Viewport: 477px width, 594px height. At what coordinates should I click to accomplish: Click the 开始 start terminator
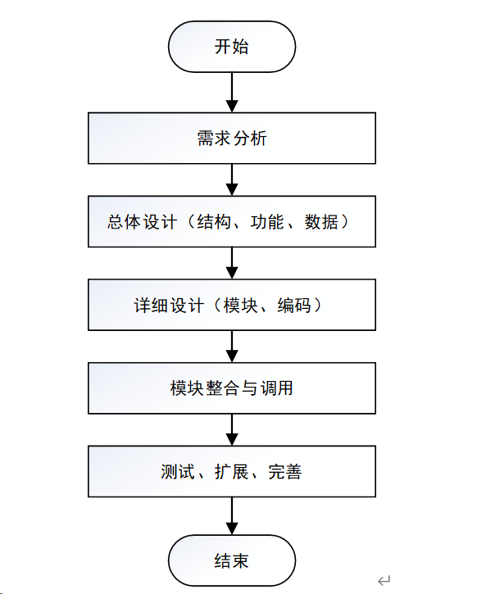click(x=232, y=47)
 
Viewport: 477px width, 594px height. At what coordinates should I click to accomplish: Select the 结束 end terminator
click(x=232, y=560)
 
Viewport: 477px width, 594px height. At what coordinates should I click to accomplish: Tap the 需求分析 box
click(x=232, y=138)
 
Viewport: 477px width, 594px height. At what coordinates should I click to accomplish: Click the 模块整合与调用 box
click(x=232, y=388)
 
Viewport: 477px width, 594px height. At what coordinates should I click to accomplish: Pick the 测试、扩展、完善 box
click(x=232, y=472)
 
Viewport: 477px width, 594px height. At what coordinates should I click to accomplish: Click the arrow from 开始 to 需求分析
click(x=232, y=92)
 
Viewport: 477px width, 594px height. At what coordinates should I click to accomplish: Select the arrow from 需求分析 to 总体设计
click(x=232, y=180)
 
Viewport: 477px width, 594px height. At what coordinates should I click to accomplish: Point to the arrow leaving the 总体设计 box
click(x=232, y=263)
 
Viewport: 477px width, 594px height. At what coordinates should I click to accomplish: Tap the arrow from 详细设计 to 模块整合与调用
click(x=232, y=347)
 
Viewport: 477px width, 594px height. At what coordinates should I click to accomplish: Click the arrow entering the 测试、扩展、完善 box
click(x=232, y=430)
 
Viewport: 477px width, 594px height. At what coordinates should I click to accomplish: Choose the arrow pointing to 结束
click(x=232, y=516)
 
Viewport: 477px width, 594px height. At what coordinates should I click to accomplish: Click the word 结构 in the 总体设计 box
click(x=214, y=222)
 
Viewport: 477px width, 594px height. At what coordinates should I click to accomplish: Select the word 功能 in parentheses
click(x=267, y=222)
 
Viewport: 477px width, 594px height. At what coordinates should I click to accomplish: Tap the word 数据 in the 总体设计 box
click(x=321, y=222)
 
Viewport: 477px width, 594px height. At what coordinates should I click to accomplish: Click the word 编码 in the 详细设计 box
click(x=294, y=306)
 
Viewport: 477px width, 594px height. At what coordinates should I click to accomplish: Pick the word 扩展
click(x=231, y=472)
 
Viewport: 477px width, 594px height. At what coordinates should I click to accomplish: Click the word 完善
click(x=285, y=472)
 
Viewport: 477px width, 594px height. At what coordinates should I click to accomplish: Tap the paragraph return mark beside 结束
click(x=384, y=580)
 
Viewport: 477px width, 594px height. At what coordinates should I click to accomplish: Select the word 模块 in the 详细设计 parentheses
click(x=241, y=306)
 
